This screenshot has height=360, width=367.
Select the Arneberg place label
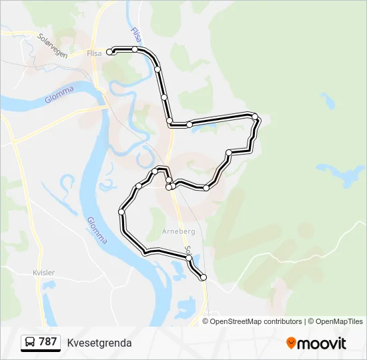177,231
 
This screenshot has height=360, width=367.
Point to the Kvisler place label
44,273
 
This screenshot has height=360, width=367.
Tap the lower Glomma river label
96,230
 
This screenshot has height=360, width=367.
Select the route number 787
47,342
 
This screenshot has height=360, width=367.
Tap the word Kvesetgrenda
99,343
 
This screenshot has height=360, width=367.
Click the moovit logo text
322,343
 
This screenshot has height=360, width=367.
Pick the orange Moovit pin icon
291,343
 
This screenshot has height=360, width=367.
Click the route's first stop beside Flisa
109,51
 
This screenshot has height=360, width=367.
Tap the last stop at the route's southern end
204,277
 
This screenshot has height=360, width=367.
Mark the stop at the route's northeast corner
255,117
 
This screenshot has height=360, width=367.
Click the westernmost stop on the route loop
121,212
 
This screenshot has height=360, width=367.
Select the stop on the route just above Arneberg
169,187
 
